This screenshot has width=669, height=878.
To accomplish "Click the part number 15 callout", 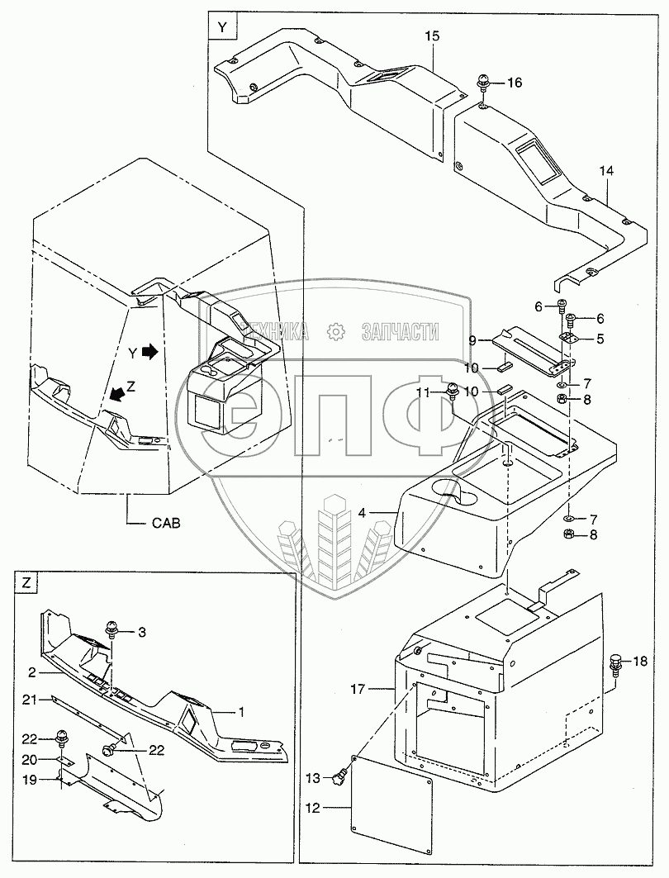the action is (x=432, y=36).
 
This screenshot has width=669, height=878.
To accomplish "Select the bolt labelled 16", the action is (x=482, y=83).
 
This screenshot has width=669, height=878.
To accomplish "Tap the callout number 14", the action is (x=606, y=171).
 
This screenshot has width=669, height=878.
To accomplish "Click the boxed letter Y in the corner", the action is (x=222, y=27).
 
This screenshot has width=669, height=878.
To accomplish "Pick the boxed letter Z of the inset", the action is (x=26, y=583).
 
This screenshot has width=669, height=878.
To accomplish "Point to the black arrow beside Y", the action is (x=150, y=352).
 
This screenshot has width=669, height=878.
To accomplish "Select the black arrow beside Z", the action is (x=117, y=394).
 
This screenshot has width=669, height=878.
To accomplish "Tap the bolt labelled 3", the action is (x=112, y=631).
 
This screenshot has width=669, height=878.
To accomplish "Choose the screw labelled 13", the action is (x=338, y=778).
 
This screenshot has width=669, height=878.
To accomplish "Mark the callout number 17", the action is (x=358, y=690).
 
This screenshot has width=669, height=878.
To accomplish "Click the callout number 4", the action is (x=363, y=512).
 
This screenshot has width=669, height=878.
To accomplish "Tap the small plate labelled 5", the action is (x=567, y=339).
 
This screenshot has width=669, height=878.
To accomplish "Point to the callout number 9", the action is (x=472, y=340).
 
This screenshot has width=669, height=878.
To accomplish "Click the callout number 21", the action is (x=30, y=700).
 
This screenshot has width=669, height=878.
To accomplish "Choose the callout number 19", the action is (x=30, y=779).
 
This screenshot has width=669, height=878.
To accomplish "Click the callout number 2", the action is (x=31, y=672).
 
